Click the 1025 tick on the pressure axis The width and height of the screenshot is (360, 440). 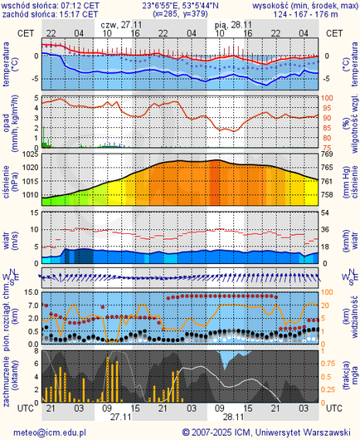(27, 154)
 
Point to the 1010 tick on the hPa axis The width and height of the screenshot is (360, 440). (27, 195)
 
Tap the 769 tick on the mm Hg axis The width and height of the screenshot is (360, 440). (328, 154)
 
